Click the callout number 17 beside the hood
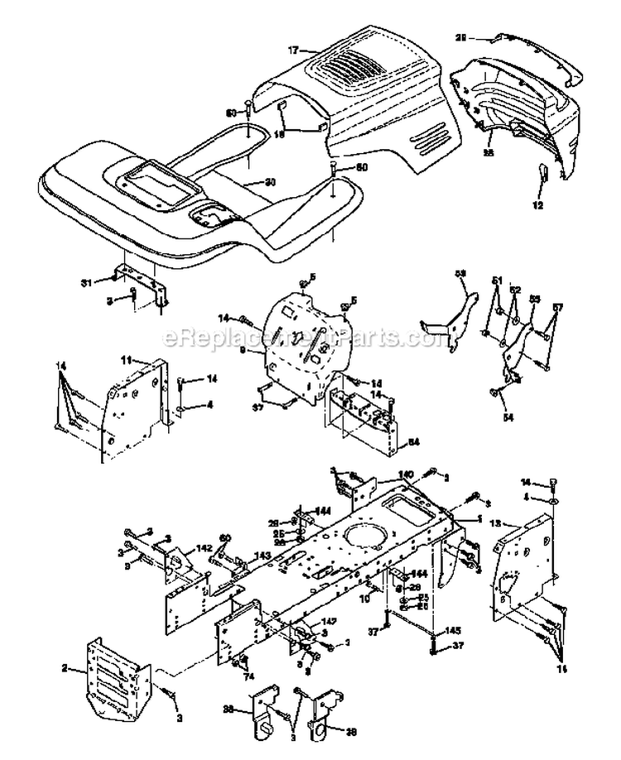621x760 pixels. pos(292,50)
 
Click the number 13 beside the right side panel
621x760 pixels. pos(518,524)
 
